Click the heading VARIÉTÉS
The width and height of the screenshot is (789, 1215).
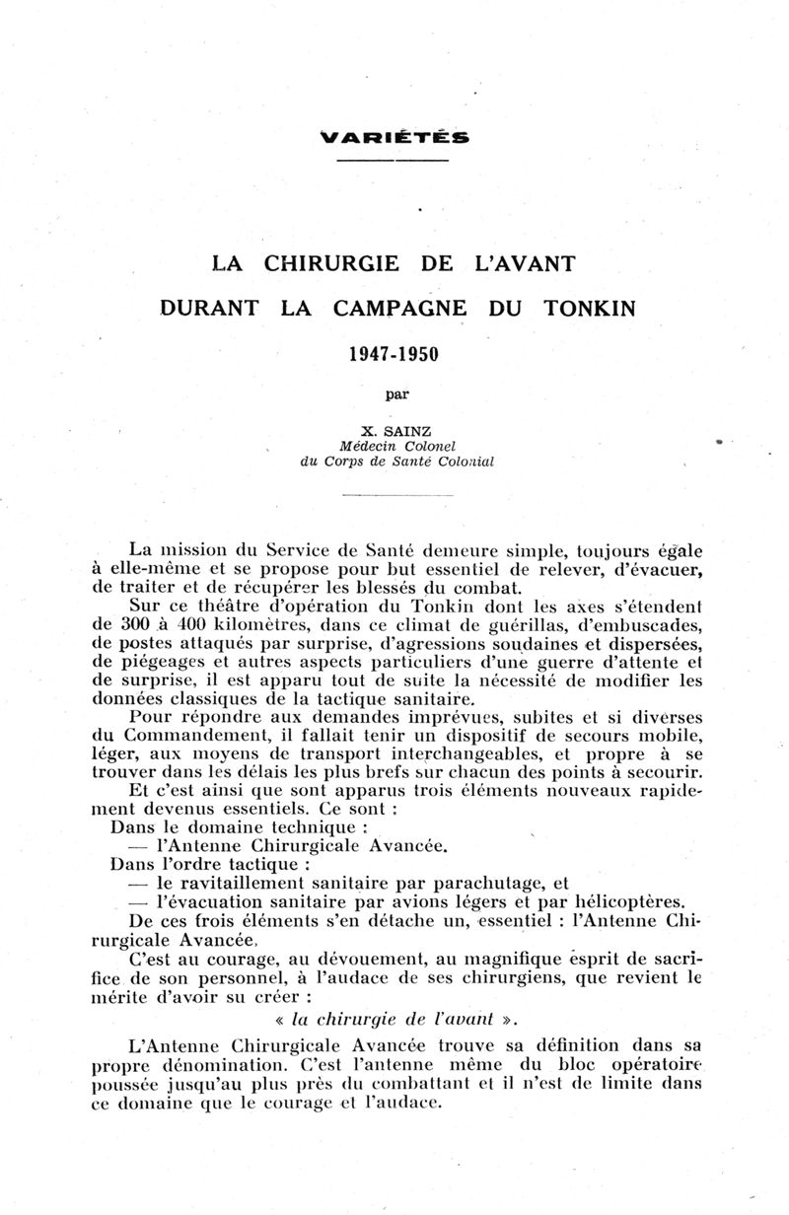[394, 137]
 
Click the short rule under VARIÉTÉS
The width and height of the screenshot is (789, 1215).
[394, 160]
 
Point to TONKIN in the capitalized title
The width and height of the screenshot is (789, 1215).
[590, 307]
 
